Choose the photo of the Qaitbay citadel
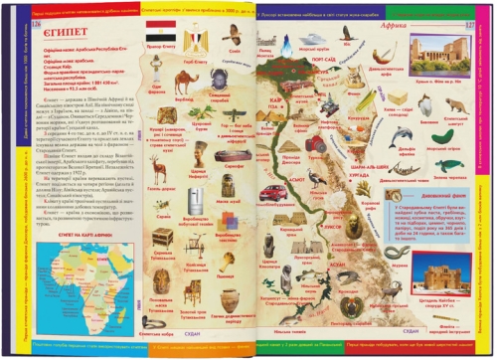(436, 276)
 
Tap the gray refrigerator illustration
(196, 198)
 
